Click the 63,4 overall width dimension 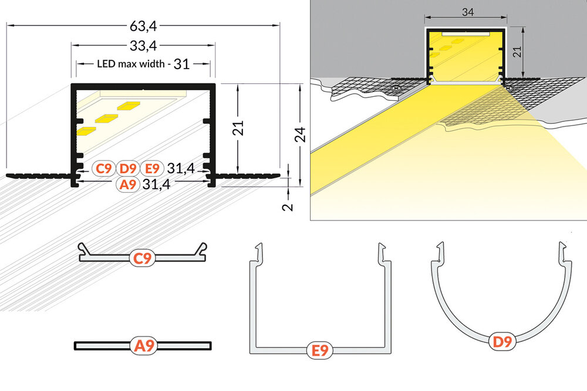click(144, 26)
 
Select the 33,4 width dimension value click(144, 45)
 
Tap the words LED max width click(131, 63)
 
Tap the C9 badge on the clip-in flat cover click(143, 258)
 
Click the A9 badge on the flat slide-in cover click(143, 346)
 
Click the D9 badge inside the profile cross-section click(128, 169)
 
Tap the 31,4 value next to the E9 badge click(180, 169)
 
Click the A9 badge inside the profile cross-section click(128, 185)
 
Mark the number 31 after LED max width click(182, 64)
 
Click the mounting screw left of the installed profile click(397, 89)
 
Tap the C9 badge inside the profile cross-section click(104, 169)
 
